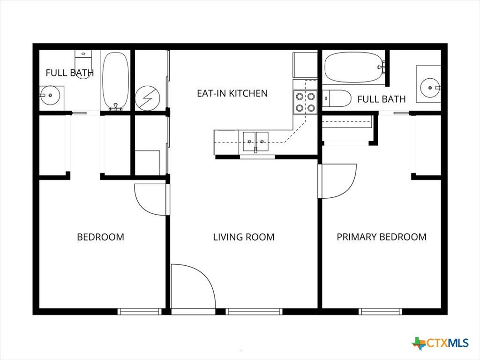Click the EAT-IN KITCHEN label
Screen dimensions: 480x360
pyautogui.click(x=232, y=93)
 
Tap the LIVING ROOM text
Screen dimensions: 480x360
pyautogui.click(x=244, y=237)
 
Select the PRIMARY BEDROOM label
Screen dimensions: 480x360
pyautogui.click(x=382, y=237)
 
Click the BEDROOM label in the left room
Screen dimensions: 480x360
pyautogui.click(x=100, y=237)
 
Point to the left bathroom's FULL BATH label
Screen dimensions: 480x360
pyautogui.click(x=70, y=73)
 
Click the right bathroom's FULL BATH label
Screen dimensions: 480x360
pyautogui.click(x=382, y=99)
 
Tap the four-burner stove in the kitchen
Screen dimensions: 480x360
pyautogui.click(x=305, y=102)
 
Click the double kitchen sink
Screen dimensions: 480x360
pyautogui.click(x=255, y=142)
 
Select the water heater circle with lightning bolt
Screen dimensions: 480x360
pyautogui.click(x=148, y=98)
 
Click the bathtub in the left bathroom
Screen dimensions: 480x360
pyautogui.click(x=115, y=81)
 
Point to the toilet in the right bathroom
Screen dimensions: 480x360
pyautogui.click(x=337, y=98)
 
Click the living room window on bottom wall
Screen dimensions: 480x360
pyautogui.click(x=254, y=312)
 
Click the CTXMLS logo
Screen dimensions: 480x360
pyautogui.click(x=441, y=343)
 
